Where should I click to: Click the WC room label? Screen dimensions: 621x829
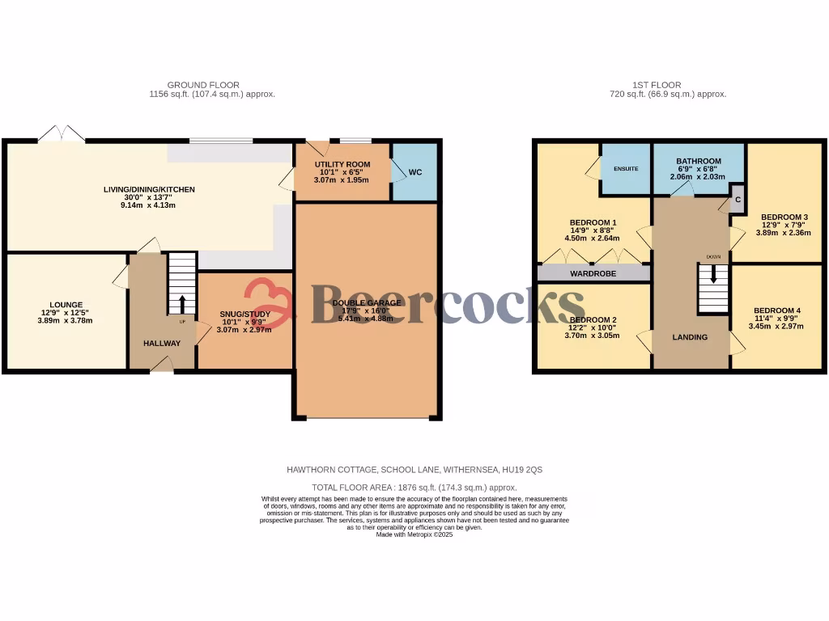pyautogui.click(x=415, y=172)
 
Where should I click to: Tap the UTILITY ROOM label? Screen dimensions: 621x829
pyautogui.click(x=342, y=164)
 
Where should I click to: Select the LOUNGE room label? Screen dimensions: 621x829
pyautogui.click(x=65, y=305)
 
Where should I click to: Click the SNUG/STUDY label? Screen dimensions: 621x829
pyautogui.click(x=244, y=314)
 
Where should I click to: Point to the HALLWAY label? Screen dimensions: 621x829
pyautogui.click(x=162, y=344)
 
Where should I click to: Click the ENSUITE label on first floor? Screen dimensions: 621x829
pyautogui.click(x=627, y=169)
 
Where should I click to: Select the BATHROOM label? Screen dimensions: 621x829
pyautogui.click(x=699, y=161)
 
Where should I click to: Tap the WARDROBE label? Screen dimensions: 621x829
pyautogui.click(x=593, y=274)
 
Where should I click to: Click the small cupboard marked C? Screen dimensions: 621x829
pyautogui.click(x=738, y=199)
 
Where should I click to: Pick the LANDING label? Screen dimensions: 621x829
pyautogui.click(x=691, y=337)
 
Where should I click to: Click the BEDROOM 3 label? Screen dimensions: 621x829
pyautogui.click(x=784, y=217)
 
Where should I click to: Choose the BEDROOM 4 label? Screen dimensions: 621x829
pyautogui.click(x=776, y=310)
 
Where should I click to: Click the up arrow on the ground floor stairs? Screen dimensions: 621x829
pyautogui.click(x=181, y=304)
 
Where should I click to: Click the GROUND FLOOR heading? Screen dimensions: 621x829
pyautogui.click(x=203, y=85)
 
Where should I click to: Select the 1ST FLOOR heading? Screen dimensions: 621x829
pyautogui.click(x=657, y=85)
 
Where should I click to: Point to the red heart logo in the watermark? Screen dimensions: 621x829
pyautogui.click(x=267, y=302)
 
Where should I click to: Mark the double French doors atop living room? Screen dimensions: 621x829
pyautogui.click(x=62, y=134)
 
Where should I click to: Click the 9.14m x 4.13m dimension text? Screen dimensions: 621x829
pyautogui.click(x=148, y=205)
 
